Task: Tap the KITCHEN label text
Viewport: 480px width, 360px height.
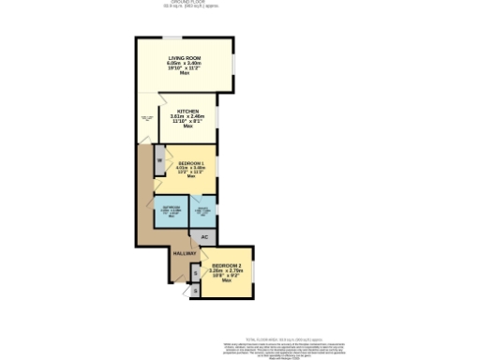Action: [187, 111]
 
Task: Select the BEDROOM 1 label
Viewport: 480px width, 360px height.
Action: [190, 163]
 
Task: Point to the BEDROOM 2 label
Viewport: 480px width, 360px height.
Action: [226, 265]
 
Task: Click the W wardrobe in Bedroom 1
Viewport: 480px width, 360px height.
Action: [159, 160]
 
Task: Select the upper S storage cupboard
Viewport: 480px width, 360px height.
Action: [194, 273]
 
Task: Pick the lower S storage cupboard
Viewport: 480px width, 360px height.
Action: [194, 291]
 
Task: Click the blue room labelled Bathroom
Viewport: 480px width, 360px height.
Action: [171, 211]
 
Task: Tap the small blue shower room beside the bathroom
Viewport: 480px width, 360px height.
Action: [202, 211]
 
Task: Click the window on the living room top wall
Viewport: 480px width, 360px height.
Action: [173, 37]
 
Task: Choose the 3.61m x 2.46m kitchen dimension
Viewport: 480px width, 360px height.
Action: [187, 115]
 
